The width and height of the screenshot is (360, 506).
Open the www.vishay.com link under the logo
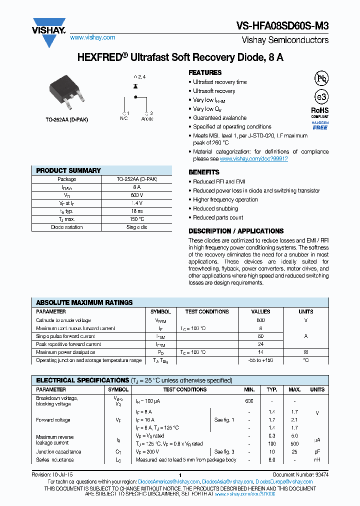coord(92,37)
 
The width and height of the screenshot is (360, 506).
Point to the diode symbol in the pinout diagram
coord(135,86)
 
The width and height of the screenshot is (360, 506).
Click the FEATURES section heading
coord(205,72)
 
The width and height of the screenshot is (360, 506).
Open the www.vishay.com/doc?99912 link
coord(253,158)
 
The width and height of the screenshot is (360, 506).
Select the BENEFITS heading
coord(204,172)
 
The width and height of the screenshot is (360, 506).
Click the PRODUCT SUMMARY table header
coord(68,170)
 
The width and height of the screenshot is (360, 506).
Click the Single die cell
coord(136,227)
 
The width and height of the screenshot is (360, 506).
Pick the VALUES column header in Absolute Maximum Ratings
coord(260,311)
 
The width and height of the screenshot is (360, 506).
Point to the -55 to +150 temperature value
coord(260,360)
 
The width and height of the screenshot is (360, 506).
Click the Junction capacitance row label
coord(58,451)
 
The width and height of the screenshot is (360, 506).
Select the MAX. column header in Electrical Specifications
coord(295,389)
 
